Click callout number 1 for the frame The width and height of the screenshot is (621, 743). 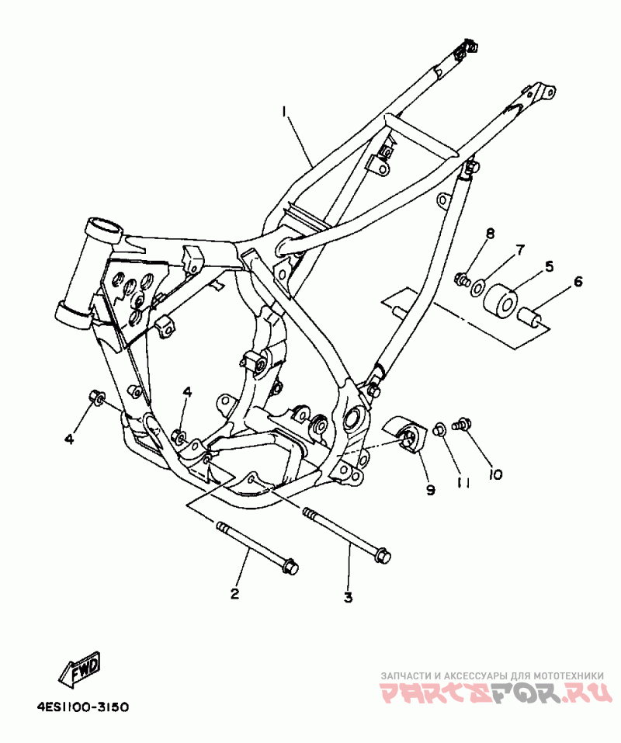tap(285, 113)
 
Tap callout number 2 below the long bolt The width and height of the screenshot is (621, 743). tap(234, 595)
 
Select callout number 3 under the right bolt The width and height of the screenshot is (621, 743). tap(348, 597)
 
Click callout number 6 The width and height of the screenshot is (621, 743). tap(578, 283)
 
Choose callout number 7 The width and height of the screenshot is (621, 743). tap(520, 250)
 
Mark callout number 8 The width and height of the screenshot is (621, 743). tap(490, 234)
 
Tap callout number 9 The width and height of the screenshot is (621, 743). tap(430, 489)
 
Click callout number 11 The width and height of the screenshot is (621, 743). tap(464, 482)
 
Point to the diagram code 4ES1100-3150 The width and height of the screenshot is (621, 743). tap(82, 707)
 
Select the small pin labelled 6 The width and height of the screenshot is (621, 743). tap(532, 318)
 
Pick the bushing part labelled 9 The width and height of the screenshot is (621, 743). tap(405, 435)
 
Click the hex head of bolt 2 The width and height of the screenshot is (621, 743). tap(290, 568)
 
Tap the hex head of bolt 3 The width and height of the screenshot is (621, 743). tap(382, 555)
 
